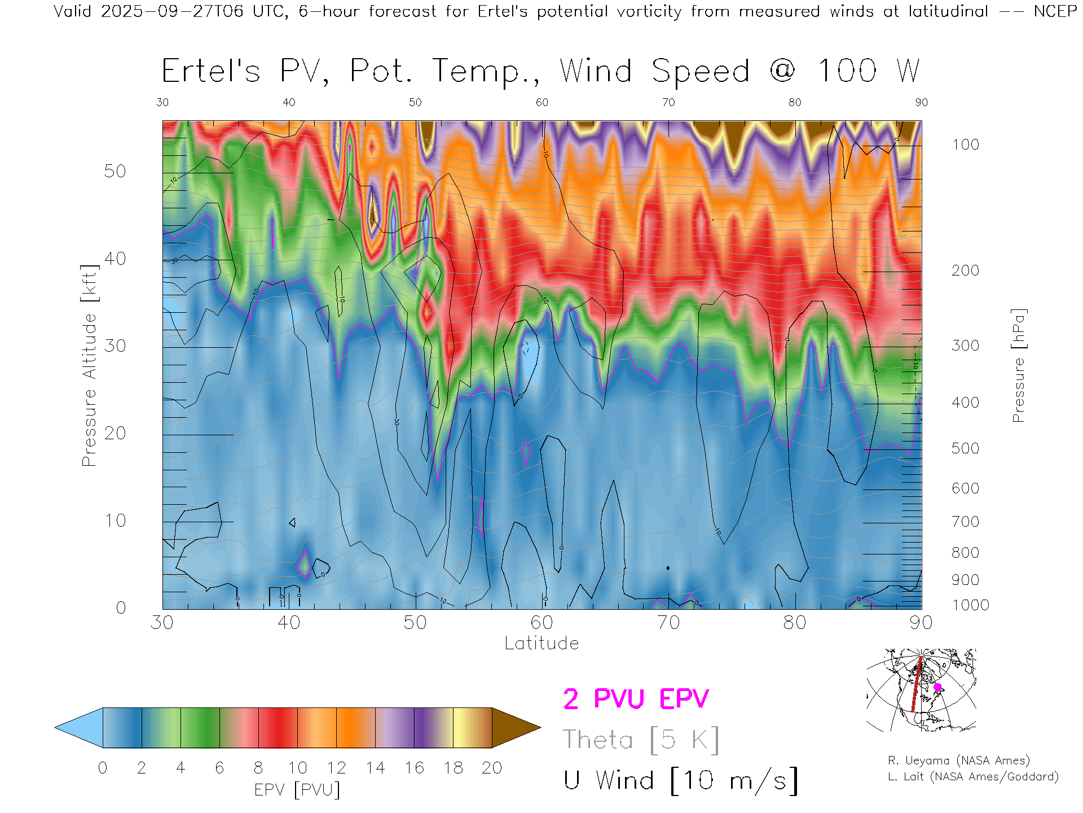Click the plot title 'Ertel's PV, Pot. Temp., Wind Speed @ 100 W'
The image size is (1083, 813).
coord(540,72)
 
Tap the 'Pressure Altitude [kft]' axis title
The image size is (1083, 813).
coord(89,365)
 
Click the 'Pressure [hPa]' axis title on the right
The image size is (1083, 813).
coord(1018,365)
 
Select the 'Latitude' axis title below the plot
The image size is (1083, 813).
coord(541,643)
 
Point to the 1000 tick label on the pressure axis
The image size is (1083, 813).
coord(970,605)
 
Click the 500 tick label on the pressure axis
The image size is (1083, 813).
coord(965,448)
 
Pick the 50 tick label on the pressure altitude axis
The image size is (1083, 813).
coord(115,171)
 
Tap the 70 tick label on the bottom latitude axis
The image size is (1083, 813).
coord(668,622)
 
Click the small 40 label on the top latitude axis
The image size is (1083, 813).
coord(289,102)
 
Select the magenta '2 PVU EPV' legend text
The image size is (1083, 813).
coord(636,699)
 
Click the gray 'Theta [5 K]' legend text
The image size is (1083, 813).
coord(641,740)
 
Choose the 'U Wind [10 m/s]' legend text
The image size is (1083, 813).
coord(681,780)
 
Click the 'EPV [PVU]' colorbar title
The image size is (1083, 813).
coord(297,790)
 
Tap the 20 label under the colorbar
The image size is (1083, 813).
coord(492,768)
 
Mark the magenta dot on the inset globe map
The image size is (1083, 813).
coord(937,687)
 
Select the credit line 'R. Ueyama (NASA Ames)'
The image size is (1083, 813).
coord(959,760)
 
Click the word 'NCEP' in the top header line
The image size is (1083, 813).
coord(1055,11)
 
